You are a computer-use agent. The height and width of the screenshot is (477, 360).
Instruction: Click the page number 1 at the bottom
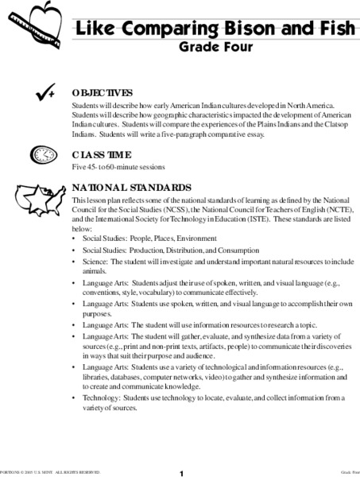181,473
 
